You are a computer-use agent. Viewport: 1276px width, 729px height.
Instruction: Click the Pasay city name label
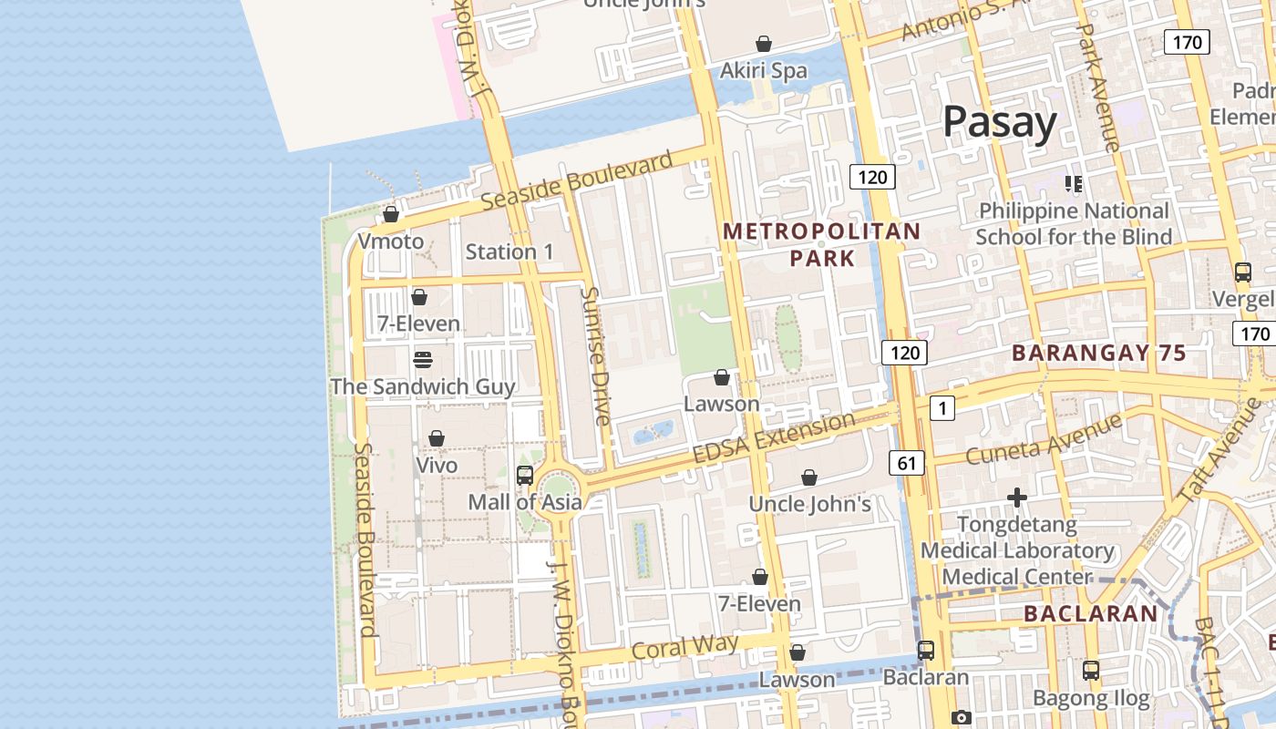[x=999, y=122]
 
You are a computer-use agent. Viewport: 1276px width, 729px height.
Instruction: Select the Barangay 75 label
[x=1098, y=353]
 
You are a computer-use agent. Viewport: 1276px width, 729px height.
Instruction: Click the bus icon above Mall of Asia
[x=525, y=475]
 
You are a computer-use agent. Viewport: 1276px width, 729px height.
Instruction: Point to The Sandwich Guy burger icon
[x=422, y=359]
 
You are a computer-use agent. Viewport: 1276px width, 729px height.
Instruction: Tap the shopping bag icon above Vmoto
[x=391, y=214]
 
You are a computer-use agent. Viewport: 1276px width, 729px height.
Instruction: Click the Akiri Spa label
[x=763, y=70]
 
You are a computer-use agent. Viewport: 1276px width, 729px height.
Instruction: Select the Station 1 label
[x=509, y=252]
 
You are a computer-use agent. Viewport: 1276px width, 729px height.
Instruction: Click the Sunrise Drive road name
[x=595, y=356]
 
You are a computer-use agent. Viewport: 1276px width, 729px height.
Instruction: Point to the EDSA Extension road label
[x=774, y=438]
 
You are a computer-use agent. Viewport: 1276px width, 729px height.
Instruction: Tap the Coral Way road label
[x=684, y=647]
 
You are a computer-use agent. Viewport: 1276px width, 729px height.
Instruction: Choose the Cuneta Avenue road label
[x=1044, y=439]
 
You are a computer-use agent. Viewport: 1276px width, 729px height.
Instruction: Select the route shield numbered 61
[x=906, y=463]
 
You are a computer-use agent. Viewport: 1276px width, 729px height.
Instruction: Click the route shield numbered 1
[x=942, y=408]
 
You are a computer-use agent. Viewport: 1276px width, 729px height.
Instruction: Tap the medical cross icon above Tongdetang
[x=1017, y=498]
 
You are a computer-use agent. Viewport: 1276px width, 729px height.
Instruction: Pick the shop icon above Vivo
[x=437, y=438]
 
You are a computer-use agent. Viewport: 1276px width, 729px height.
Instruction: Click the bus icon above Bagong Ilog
[x=1090, y=671]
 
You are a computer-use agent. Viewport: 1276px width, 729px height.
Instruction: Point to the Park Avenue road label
[x=1097, y=87]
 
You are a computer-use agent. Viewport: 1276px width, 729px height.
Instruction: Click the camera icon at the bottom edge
[x=961, y=718]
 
